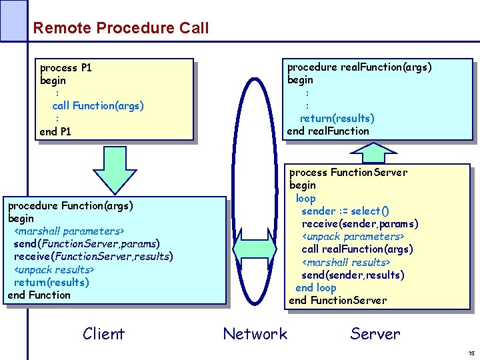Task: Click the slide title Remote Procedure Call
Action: click(x=121, y=28)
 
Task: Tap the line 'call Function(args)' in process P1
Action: click(x=97, y=105)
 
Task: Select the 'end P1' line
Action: click(x=55, y=131)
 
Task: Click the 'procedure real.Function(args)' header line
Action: click(x=359, y=67)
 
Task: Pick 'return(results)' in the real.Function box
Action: click(x=337, y=118)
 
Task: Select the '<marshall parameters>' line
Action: click(x=69, y=231)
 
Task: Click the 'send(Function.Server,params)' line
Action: click(x=87, y=244)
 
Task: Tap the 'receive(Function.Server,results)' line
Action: click(x=93, y=257)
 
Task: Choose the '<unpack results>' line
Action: click(x=54, y=269)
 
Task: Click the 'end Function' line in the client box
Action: click(x=39, y=295)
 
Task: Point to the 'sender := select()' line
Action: click(x=345, y=211)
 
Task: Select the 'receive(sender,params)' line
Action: click(x=360, y=223)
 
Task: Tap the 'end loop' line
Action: click(x=315, y=287)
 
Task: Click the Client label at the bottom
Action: click(x=103, y=334)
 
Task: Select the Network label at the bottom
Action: click(x=255, y=334)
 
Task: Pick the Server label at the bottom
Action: click(x=375, y=334)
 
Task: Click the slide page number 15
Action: click(x=471, y=353)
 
